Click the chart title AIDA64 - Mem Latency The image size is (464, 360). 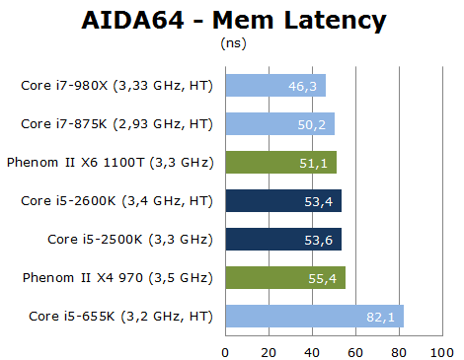point(233,21)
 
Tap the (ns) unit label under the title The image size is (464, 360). point(232,44)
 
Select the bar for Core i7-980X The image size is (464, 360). point(274,86)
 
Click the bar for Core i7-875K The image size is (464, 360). point(279,124)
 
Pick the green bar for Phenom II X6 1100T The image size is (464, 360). point(280,163)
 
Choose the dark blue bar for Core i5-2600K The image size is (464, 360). point(282,201)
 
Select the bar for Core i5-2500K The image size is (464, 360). point(283,240)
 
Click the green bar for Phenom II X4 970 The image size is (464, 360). point(285,278)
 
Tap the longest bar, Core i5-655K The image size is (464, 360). point(314,317)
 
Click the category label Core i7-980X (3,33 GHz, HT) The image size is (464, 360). point(116,86)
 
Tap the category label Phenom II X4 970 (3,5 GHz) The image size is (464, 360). point(117,278)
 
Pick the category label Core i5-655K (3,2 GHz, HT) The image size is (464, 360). point(116,317)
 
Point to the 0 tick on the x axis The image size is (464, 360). point(225,350)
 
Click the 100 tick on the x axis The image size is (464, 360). point(441,350)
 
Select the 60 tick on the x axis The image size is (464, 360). point(354,350)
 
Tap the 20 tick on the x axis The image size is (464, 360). point(269,350)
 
